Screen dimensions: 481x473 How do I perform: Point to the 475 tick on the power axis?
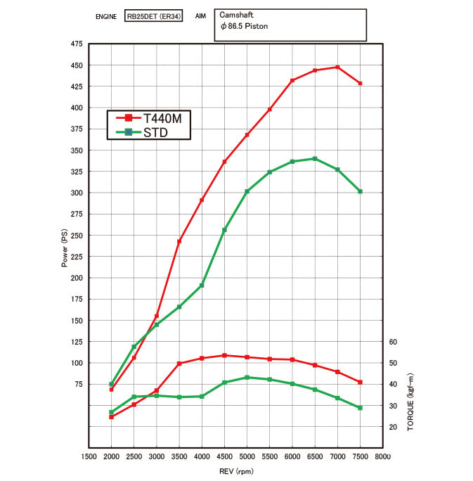[x=75, y=44]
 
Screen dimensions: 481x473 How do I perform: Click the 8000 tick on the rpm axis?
[x=382, y=456]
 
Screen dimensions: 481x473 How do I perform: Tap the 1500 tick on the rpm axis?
[x=89, y=456]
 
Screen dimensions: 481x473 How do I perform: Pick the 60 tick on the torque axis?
[x=393, y=342]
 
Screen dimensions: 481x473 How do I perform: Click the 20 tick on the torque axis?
[x=393, y=427]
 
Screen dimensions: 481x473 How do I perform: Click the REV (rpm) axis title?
[x=235, y=471]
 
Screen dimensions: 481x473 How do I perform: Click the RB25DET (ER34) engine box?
[x=155, y=15]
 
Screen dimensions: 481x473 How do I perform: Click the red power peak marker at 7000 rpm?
[x=337, y=68]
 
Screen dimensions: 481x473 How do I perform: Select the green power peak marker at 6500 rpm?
[x=315, y=159]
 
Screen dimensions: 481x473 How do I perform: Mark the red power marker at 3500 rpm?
[x=179, y=241]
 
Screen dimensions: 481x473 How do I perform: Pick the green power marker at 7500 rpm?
[x=360, y=191]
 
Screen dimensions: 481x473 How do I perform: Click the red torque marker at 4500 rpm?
[x=224, y=355]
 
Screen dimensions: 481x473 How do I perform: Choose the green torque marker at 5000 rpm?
[x=247, y=378]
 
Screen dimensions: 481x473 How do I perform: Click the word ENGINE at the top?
[x=107, y=15]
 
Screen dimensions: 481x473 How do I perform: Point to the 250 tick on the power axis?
[x=75, y=236]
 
